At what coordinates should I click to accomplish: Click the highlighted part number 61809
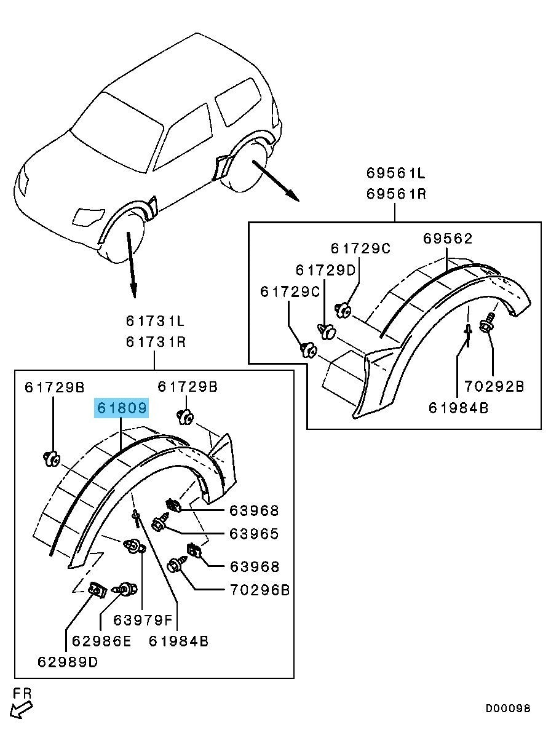point(121,408)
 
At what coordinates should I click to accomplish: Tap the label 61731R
point(156,341)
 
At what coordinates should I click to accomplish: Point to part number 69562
point(448,239)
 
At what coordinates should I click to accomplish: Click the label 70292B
point(494,386)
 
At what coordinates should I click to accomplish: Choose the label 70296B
point(259,590)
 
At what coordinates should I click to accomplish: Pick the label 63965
point(254,534)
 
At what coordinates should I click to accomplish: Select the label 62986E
point(101,641)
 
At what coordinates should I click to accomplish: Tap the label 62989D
point(68,662)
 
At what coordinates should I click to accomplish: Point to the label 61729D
point(325,269)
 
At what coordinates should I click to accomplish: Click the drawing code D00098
point(507,709)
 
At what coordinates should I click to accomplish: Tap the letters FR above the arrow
point(22,693)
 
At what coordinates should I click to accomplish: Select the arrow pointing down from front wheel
point(131,261)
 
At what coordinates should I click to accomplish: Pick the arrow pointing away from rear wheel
point(276,181)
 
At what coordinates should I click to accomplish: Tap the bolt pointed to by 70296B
point(175,563)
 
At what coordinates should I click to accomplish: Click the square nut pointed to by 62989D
point(95,589)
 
